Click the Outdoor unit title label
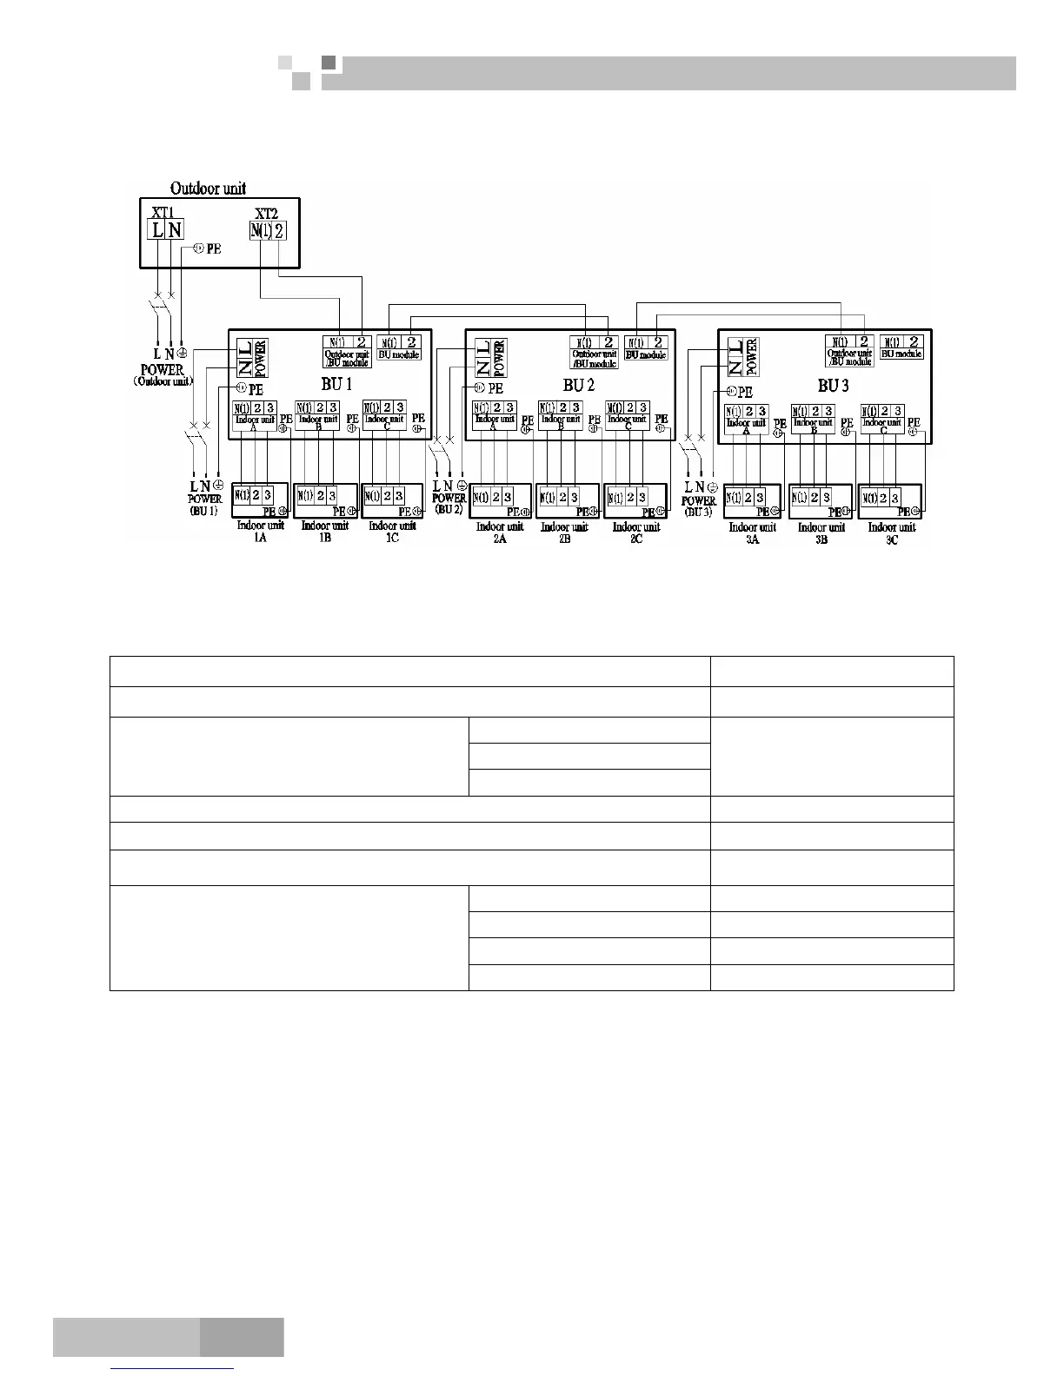coord(208,188)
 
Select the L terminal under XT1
coord(156,230)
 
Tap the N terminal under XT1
coord(175,230)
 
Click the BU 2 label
coord(578,385)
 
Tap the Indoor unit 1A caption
coord(260,532)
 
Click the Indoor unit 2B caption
coord(564,533)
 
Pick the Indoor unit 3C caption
coord(891,533)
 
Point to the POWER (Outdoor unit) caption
coord(163,374)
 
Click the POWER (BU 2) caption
coord(449,504)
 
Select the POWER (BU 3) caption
coord(699,506)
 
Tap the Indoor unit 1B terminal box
coord(326,500)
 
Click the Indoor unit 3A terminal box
coord(753,502)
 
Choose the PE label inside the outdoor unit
coord(213,248)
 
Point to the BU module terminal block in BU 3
coord(902,347)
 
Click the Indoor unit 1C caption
coord(392,532)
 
